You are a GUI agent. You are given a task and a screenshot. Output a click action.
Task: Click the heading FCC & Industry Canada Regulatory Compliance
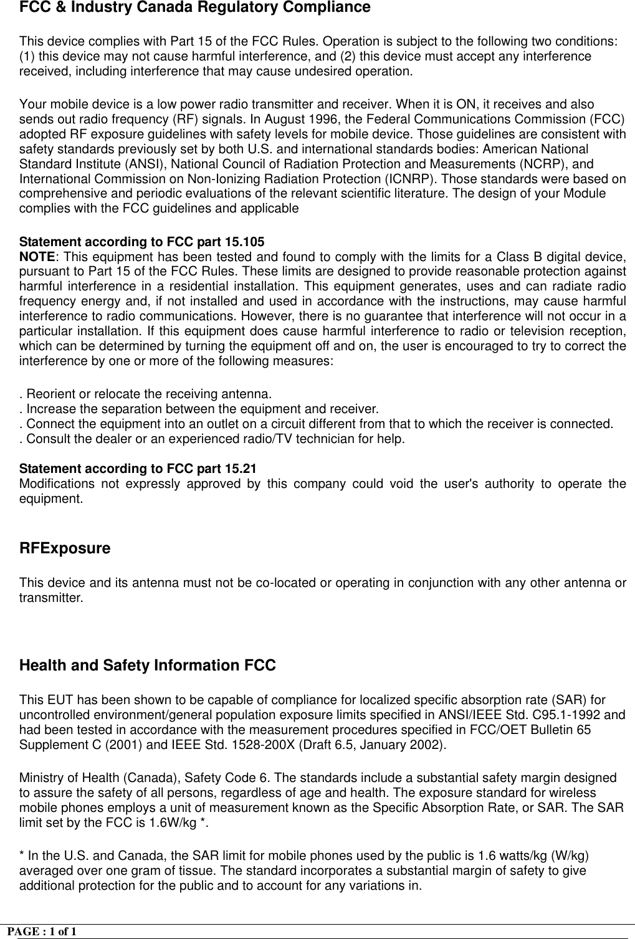coord(195,8)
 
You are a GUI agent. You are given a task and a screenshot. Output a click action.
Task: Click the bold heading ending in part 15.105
coord(142,242)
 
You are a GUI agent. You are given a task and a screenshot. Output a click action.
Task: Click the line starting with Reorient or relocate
coord(146,394)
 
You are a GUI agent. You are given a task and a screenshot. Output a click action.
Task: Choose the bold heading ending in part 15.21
coord(138,469)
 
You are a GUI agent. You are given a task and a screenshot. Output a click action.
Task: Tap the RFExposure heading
coord(65,549)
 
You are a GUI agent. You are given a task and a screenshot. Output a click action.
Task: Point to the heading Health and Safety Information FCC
coord(148,666)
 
